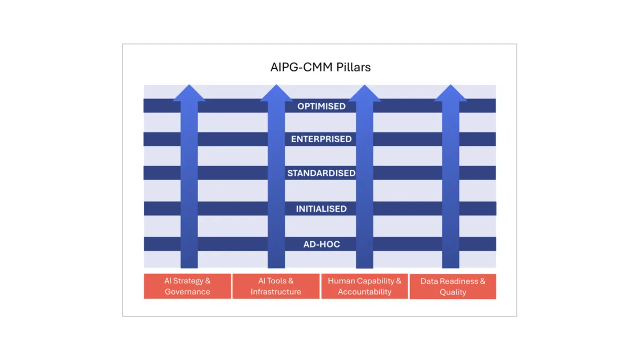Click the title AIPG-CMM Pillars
coord(321,68)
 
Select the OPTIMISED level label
coord(321,106)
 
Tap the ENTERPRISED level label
coord(321,139)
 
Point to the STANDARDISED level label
coord(321,173)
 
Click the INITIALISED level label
coord(321,209)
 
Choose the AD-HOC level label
coord(321,244)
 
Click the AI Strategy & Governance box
coord(187,286)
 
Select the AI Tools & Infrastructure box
coord(276,286)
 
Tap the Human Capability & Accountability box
coord(365,286)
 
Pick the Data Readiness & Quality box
coord(453,287)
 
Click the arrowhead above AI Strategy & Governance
coord(189,93)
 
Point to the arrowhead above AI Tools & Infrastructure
coord(276,93)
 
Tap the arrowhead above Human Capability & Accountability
coord(364,93)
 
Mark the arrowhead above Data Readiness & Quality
coord(450,93)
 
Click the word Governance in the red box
coord(187,292)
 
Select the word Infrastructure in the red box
coord(276,292)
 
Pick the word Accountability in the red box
coord(365,292)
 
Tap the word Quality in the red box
coord(453,292)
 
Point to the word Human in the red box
coord(340,281)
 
